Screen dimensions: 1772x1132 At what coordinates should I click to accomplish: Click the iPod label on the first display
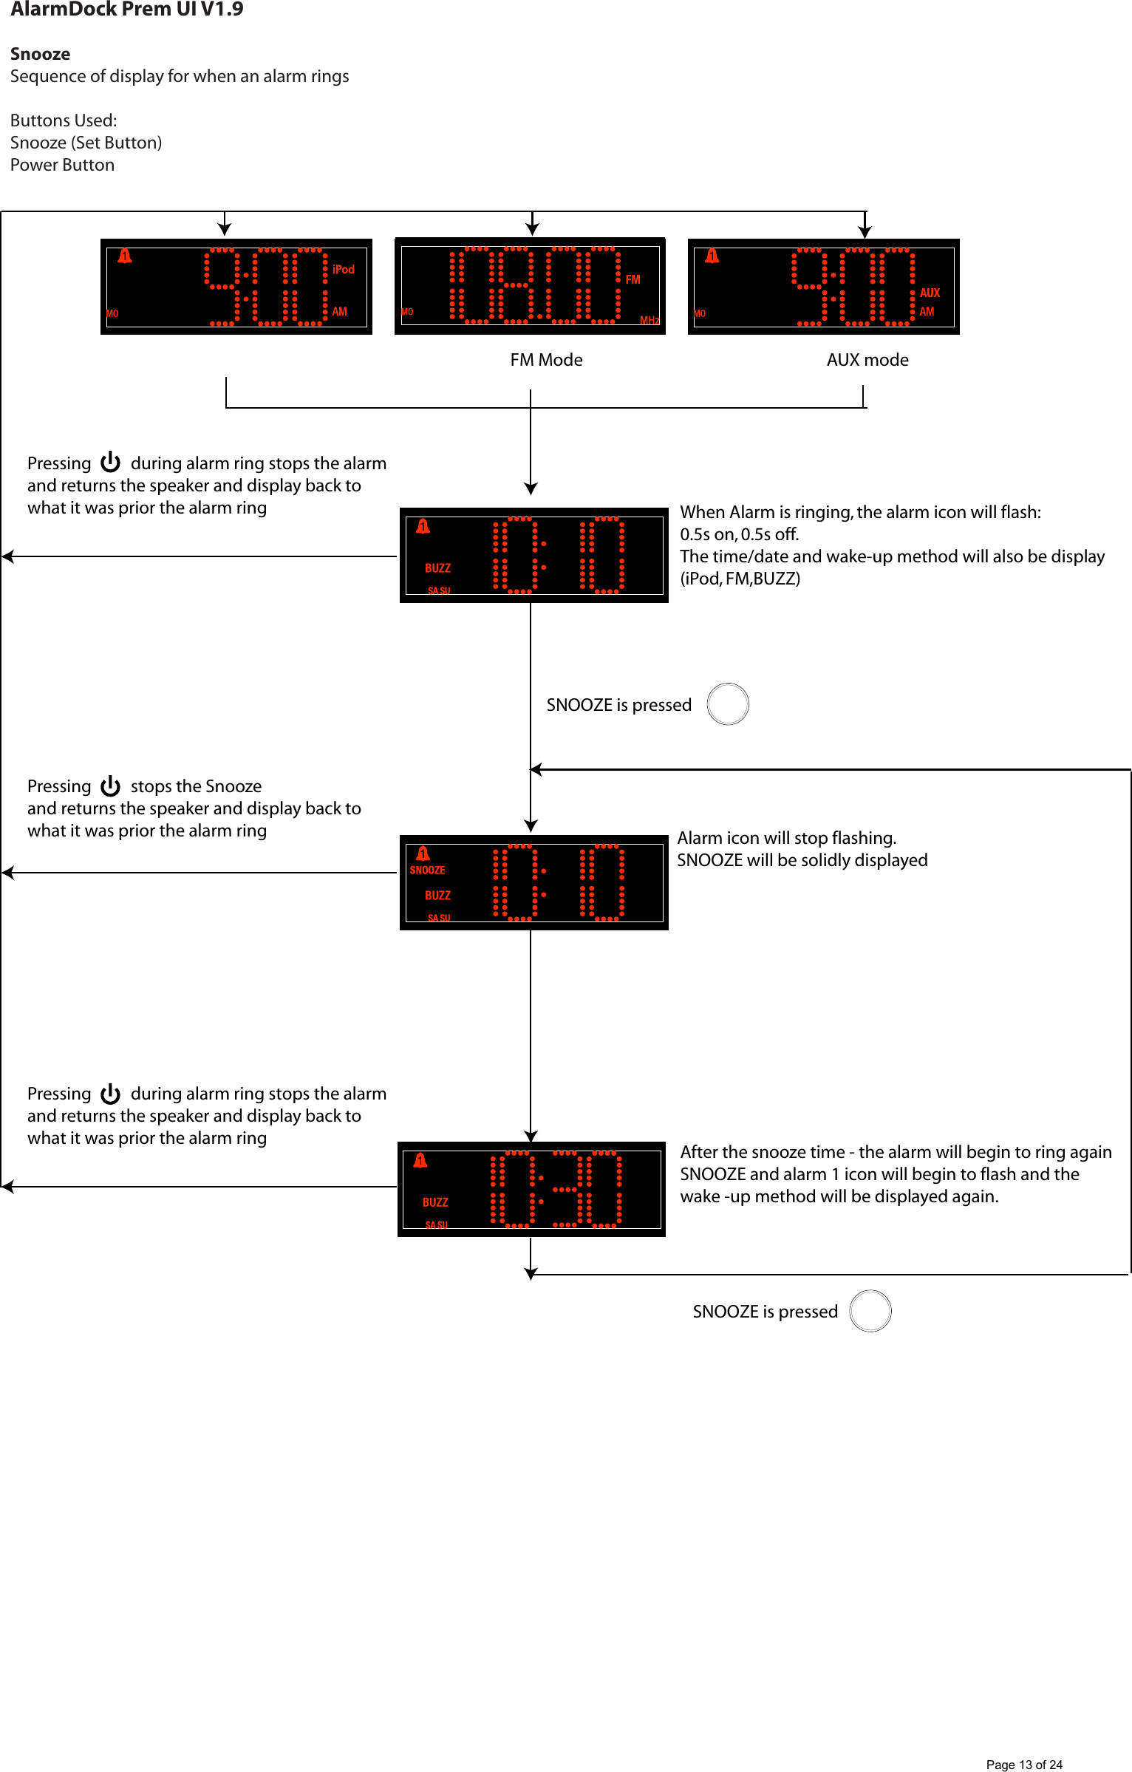(344, 269)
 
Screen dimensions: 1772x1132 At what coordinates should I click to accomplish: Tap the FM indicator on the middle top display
(633, 279)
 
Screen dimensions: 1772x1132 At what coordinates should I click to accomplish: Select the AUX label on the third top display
(930, 293)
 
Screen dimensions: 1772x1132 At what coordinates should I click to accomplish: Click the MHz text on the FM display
(649, 320)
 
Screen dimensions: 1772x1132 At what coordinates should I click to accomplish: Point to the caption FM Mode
(546, 360)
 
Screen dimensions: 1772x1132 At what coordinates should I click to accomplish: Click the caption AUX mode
(867, 360)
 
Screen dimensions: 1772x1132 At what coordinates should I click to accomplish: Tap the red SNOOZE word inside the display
(427, 870)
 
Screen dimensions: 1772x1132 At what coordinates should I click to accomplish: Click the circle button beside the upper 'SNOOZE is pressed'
(728, 704)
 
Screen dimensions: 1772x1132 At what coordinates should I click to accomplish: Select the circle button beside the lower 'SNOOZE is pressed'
(870, 1311)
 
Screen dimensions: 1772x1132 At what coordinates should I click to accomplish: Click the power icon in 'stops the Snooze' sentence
(111, 786)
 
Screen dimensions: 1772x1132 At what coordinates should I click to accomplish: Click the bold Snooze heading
(40, 54)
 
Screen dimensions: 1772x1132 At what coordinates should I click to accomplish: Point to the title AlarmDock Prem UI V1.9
(126, 10)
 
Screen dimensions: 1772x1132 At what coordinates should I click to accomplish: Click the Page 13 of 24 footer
(1023, 1765)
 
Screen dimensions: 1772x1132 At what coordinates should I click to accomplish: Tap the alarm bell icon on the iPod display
(125, 256)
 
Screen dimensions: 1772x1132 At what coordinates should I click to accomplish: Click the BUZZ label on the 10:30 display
(435, 1202)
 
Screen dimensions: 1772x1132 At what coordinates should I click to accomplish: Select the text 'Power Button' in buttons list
(62, 165)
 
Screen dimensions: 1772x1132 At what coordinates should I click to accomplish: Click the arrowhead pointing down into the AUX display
(865, 232)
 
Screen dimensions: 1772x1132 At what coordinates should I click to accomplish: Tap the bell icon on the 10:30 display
(420, 1160)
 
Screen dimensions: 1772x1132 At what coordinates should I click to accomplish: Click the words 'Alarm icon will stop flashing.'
(786, 838)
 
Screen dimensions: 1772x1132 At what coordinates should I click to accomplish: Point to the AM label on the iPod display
(339, 312)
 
